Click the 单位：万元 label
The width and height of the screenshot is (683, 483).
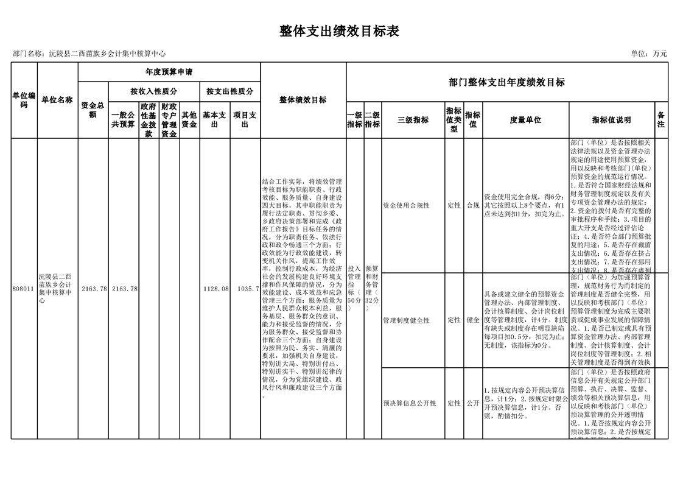(x=649, y=54)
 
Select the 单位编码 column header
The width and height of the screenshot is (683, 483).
(x=24, y=100)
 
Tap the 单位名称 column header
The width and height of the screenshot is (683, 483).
(x=57, y=100)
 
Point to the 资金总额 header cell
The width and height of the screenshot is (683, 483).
(x=93, y=110)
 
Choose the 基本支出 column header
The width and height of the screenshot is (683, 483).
(x=214, y=120)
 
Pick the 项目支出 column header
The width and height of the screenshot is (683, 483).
(x=245, y=120)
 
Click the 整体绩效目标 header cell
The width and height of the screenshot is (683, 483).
(x=303, y=100)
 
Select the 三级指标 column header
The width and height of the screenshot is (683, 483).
(x=413, y=121)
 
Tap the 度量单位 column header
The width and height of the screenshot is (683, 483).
(x=525, y=121)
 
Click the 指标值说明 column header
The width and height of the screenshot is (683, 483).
(x=611, y=121)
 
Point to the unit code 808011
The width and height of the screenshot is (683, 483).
(x=24, y=289)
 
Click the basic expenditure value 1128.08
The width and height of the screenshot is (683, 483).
(x=215, y=289)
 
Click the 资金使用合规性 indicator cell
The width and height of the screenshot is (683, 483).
(x=406, y=206)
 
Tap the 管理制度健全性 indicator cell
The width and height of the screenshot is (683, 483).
(x=406, y=320)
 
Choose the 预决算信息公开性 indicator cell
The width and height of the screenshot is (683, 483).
(x=409, y=403)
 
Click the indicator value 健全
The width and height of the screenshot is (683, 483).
(x=473, y=320)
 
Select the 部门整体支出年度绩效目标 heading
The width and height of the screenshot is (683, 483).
(x=506, y=82)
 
